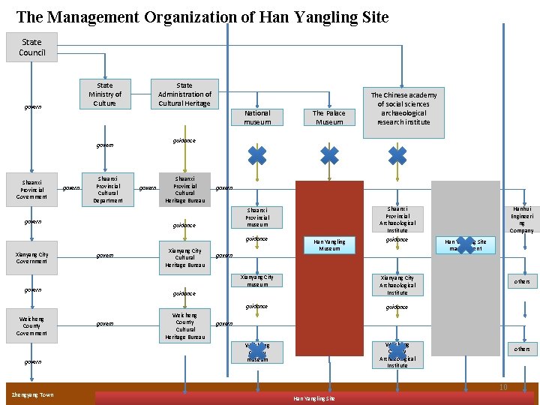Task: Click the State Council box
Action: point(32,47)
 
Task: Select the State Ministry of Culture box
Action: point(105,94)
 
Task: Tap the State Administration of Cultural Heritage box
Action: point(184,94)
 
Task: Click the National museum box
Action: point(257,117)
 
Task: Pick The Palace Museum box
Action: point(329,117)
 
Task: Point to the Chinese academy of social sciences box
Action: point(403,109)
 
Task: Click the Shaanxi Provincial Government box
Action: point(31,189)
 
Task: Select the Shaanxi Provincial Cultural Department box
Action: point(108,190)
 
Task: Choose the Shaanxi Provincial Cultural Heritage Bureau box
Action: point(184,189)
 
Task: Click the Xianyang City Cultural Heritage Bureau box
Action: point(184,257)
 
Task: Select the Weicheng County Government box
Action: point(31,326)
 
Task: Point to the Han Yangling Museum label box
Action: point(329,244)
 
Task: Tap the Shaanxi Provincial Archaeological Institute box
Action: point(397,219)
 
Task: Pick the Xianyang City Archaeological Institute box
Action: point(397,285)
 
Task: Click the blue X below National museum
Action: point(257,155)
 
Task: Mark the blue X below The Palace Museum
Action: point(329,155)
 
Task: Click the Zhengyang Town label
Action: point(31,394)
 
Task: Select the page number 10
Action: point(504,387)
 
